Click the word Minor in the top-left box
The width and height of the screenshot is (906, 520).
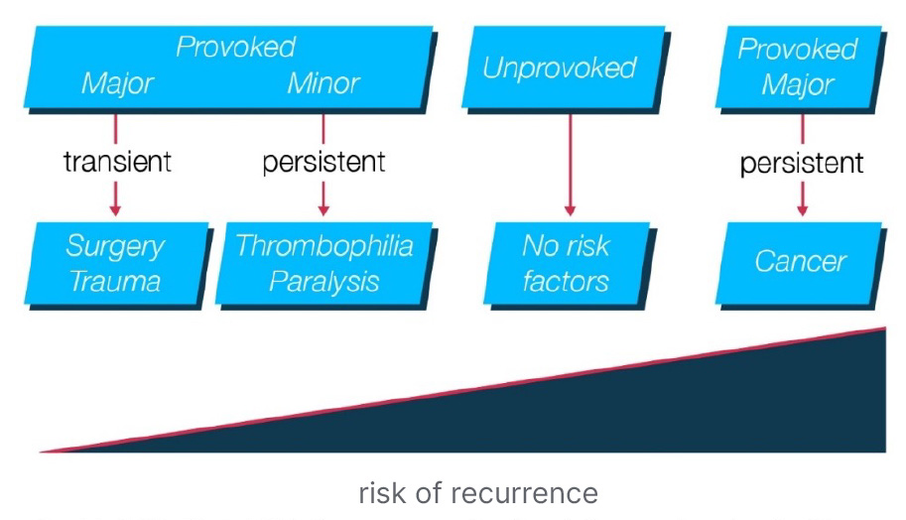[x=324, y=82]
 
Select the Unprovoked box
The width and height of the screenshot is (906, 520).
[x=560, y=67]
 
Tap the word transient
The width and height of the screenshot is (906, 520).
[x=117, y=161]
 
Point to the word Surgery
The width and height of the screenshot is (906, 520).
[x=115, y=245]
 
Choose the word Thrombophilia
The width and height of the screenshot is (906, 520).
[x=324, y=245]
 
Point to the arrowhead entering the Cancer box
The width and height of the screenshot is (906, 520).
[x=802, y=208]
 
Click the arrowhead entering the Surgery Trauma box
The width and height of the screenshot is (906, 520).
[x=115, y=208]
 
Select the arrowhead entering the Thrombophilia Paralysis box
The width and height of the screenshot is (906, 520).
[x=324, y=208]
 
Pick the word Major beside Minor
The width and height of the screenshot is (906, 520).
[x=117, y=82]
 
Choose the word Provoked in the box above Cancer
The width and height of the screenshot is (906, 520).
[x=797, y=49]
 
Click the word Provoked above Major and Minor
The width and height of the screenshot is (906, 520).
[x=236, y=47]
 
